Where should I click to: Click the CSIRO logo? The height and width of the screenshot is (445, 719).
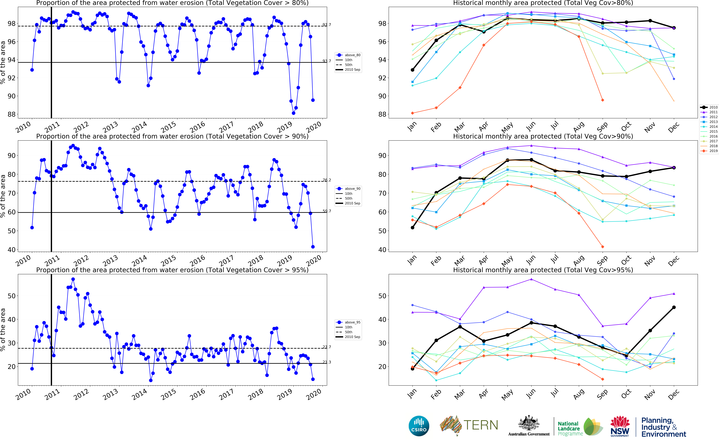[x=419, y=426]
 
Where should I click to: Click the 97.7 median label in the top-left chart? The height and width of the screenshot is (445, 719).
[x=326, y=25]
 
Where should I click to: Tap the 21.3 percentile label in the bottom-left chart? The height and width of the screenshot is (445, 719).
[x=326, y=362]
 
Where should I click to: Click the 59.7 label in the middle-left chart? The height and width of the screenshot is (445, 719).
[x=326, y=211]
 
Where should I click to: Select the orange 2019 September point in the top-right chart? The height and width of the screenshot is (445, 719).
[x=603, y=100]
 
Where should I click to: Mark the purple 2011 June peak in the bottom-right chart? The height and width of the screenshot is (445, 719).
[x=531, y=279]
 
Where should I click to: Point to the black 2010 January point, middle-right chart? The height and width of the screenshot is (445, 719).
[x=413, y=228]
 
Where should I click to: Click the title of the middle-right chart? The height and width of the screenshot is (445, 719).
[x=543, y=136]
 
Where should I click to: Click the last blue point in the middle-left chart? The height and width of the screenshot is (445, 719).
[x=313, y=247]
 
